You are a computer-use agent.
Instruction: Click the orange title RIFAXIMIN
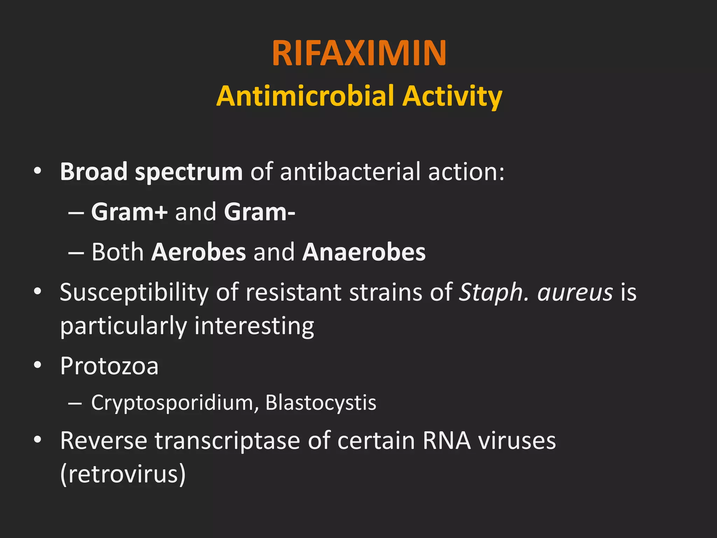(x=359, y=53)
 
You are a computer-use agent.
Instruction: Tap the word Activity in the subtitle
(x=452, y=96)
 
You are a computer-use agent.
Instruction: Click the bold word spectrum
(x=189, y=172)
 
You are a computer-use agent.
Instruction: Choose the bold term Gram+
(x=129, y=212)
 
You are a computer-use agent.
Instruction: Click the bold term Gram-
(x=259, y=212)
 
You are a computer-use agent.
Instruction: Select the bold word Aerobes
(x=199, y=252)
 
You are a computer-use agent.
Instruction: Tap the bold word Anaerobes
(x=364, y=252)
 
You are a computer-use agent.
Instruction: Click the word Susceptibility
(x=134, y=293)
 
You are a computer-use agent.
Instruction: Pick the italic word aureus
(x=575, y=293)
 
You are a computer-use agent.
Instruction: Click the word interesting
(x=254, y=326)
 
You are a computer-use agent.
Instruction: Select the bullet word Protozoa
(x=109, y=366)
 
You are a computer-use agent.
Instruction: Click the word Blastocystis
(x=321, y=402)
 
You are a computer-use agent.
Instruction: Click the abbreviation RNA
(x=447, y=441)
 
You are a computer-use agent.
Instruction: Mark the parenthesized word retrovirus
(x=123, y=474)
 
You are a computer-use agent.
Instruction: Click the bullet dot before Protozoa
(x=38, y=365)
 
